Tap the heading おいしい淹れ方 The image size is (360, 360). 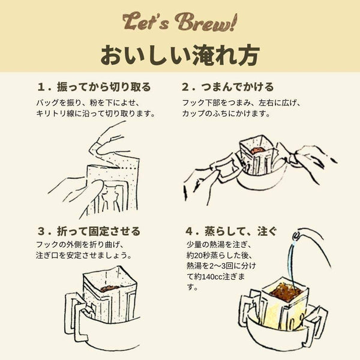pyautogui.click(x=180, y=55)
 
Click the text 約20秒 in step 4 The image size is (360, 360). pyautogui.click(x=202, y=255)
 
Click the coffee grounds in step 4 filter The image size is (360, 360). pyautogui.click(x=282, y=293)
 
